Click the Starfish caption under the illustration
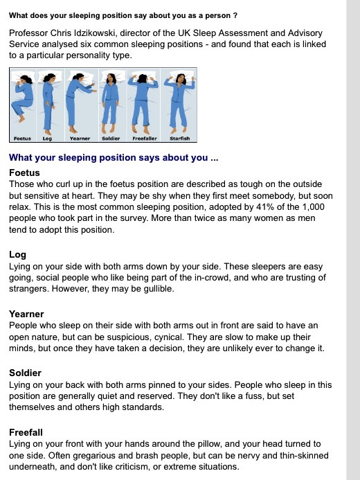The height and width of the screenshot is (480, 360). (179, 139)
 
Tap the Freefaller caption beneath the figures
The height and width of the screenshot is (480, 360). (145, 139)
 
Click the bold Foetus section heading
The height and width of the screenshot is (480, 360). (25, 172)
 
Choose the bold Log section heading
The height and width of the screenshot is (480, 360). (17, 255)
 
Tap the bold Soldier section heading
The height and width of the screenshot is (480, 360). (26, 373)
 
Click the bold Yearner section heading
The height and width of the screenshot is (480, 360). (26, 314)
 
